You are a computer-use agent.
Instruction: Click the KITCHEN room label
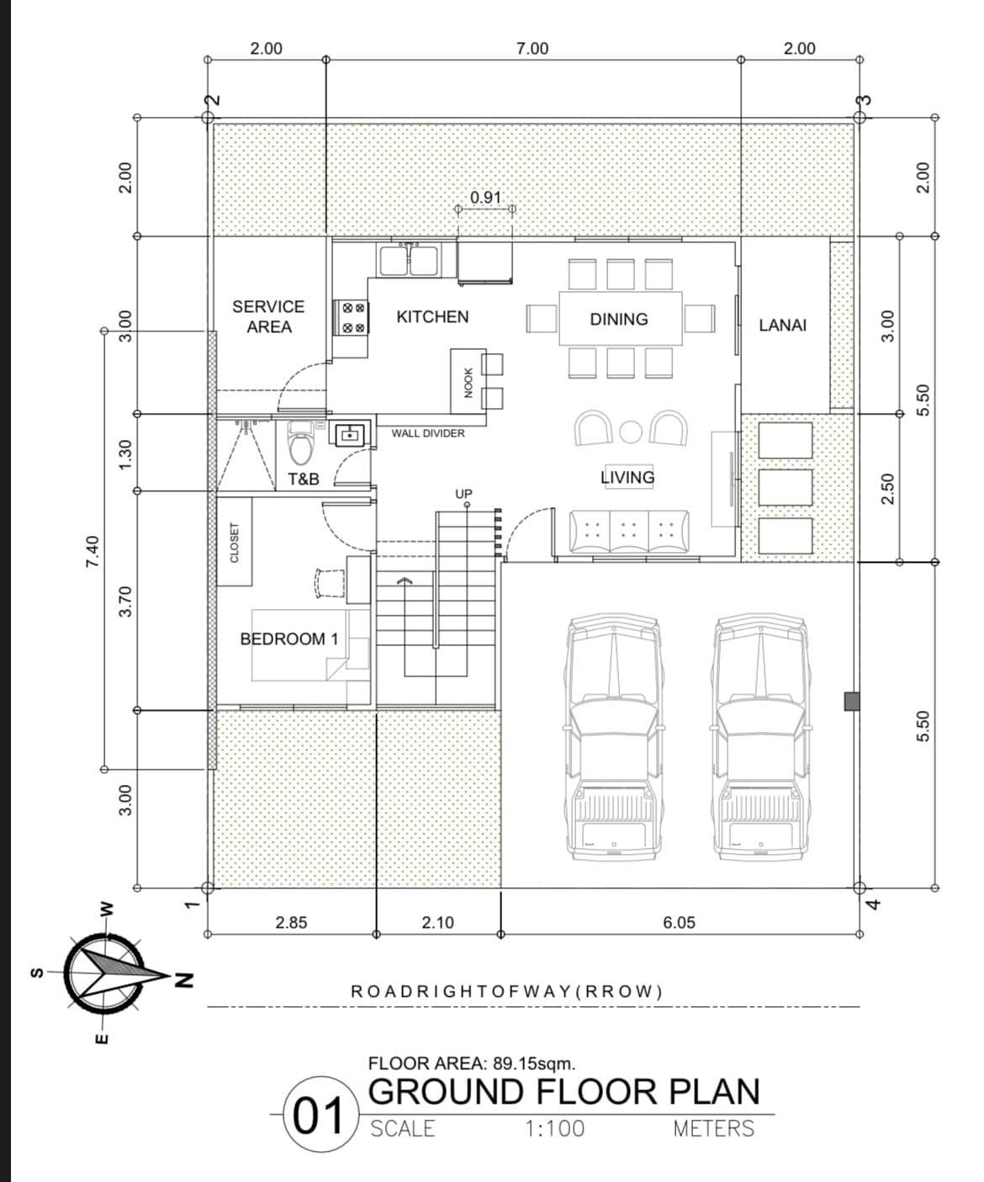coord(432,317)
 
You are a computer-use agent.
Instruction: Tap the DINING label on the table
coord(619,320)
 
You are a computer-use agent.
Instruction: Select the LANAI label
coord(782,325)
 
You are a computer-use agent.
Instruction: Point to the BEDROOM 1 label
coord(289,639)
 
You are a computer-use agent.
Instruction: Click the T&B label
coord(304,479)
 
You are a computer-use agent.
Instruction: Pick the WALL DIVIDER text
coord(427,433)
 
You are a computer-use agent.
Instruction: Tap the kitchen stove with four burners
coord(350,318)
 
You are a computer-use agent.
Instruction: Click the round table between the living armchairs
coord(631,432)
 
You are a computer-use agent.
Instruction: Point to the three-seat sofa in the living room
coord(631,532)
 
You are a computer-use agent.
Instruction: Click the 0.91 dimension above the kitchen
coord(485,198)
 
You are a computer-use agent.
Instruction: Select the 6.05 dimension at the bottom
coord(679,922)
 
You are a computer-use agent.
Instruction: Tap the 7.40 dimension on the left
coord(93,551)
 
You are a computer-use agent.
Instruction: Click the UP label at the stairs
coord(463,494)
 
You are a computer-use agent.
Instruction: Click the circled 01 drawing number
coord(317,1116)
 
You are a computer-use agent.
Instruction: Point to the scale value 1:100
coord(554,1129)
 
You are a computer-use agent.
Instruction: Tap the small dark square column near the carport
coord(852,701)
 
